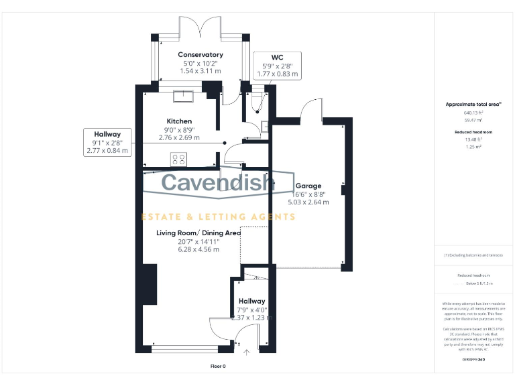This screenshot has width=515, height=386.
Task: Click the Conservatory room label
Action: [200, 54]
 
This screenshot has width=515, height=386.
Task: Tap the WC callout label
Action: [277, 58]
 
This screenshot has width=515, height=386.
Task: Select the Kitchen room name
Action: [179, 121]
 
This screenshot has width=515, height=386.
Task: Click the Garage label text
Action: [309, 186]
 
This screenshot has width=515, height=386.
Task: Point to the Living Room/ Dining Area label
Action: [198, 233]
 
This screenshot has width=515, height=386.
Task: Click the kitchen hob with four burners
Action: [179, 159]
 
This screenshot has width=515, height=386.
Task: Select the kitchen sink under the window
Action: [182, 96]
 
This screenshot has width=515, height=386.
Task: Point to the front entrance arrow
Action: [247, 352]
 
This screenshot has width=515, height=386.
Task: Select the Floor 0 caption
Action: [219, 367]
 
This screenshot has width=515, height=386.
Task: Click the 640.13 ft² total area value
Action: [474, 113]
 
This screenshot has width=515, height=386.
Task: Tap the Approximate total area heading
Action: [474, 105]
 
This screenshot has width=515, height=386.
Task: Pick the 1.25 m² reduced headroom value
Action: [474, 145]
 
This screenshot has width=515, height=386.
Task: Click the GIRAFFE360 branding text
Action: [474, 360]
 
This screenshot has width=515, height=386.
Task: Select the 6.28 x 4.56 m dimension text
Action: [198, 249]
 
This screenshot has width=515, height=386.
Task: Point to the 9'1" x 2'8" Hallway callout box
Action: [107, 142]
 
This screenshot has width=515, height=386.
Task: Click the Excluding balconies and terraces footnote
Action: [474, 255]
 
